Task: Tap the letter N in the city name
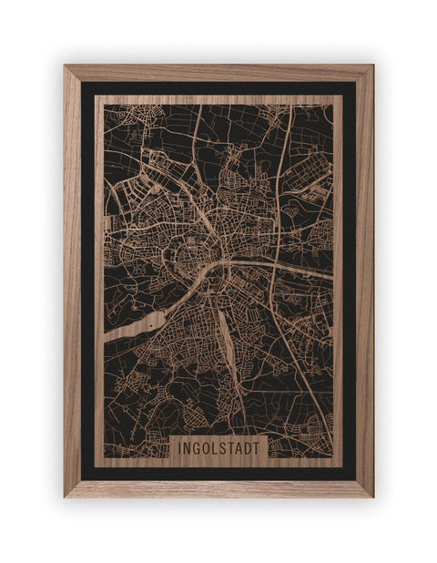(188, 449)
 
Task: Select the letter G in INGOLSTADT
(198, 449)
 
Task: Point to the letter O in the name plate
(208, 449)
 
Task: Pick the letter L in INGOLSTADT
(218, 449)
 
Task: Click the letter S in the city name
(225, 449)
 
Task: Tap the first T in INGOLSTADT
(233, 449)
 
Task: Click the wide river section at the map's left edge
(123, 329)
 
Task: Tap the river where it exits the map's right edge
(326, 272)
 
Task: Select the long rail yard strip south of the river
(225, 337)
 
